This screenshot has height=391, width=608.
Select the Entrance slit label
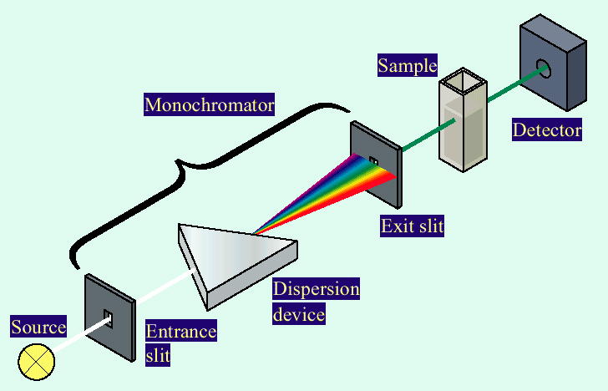coord(180,343)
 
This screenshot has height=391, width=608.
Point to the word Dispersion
coord(316,289)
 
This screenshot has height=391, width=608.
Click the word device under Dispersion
coord(297,314)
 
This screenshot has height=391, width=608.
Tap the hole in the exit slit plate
coord(373,160)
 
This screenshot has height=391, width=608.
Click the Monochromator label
coord(210,105)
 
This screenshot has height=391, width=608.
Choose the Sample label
coord(407,65)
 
